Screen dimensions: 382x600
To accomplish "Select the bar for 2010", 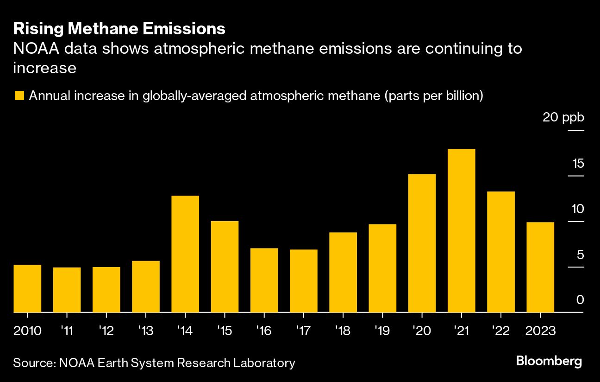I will click(27, 288).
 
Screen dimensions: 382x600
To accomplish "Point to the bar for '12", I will click(106, 289).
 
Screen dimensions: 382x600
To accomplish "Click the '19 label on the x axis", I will click(382, 331).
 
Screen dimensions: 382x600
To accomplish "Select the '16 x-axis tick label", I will click(264, 331).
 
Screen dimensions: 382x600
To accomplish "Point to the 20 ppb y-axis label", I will click(563, 118).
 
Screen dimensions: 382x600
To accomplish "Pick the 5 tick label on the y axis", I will click(580, 255).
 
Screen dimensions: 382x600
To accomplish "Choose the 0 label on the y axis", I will click(580, 300).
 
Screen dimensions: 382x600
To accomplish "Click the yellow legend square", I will click(19, 96).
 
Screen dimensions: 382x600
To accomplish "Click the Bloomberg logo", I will click(549, 362).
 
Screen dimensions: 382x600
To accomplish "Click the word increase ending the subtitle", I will click(44, 68).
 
